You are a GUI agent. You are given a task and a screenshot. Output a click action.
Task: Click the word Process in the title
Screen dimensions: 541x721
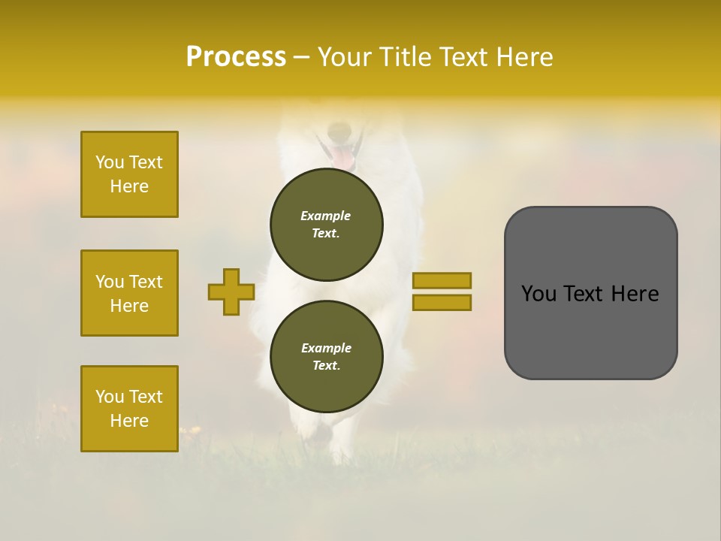[x=236, y=57]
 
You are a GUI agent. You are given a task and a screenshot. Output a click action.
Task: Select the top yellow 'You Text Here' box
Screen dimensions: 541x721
[x=129, y=174]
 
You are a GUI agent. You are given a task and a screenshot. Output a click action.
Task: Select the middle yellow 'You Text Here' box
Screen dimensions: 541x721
[x=129, y=293]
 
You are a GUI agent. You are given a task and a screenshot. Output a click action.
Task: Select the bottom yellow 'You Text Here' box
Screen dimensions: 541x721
[x=129, y=408]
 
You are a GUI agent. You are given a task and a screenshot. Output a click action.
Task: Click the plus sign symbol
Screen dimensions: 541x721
[x=231, y=292]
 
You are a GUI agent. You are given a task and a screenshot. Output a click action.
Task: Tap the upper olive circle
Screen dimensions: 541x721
[x=326, y=224]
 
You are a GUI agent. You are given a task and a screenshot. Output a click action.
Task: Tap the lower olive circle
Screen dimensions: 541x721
[x=326, y=356]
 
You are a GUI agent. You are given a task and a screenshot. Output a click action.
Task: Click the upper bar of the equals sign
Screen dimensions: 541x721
[x=442, y=280]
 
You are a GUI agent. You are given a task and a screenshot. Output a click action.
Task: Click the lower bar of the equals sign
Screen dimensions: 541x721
[x=442, y=302]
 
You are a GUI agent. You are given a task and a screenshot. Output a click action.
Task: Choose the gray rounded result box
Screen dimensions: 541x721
[x=590, y=293]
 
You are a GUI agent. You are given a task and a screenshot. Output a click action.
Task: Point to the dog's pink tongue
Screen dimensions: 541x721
[x=342, y=158]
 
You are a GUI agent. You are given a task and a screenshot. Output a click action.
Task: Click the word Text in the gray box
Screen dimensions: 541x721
[x=590, y=294]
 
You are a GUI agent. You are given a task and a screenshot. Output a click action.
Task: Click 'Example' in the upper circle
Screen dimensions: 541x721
[x=326, y=216]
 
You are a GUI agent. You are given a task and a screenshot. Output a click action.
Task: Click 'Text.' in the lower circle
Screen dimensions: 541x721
[x=326, y=365]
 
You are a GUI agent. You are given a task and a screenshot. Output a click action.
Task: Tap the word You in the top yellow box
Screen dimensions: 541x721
[x=110, y=162]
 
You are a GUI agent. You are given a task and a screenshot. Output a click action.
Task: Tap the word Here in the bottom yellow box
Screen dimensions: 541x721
[x=129, y=421]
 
